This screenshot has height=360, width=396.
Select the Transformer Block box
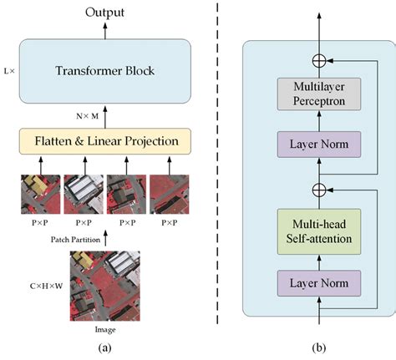point(104,71)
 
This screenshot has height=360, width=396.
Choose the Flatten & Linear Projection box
point(105,139)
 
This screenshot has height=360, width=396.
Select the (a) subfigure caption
point(104,348)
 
